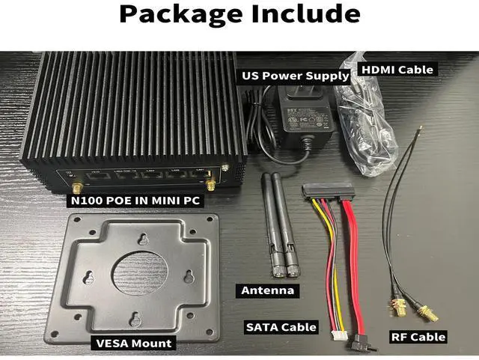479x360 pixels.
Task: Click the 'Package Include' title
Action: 239,15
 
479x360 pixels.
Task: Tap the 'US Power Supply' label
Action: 294,76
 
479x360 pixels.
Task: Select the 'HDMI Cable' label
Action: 397,70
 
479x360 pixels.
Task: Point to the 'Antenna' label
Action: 266,290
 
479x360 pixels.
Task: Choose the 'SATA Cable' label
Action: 281,327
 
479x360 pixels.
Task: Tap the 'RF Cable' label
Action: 418,337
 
